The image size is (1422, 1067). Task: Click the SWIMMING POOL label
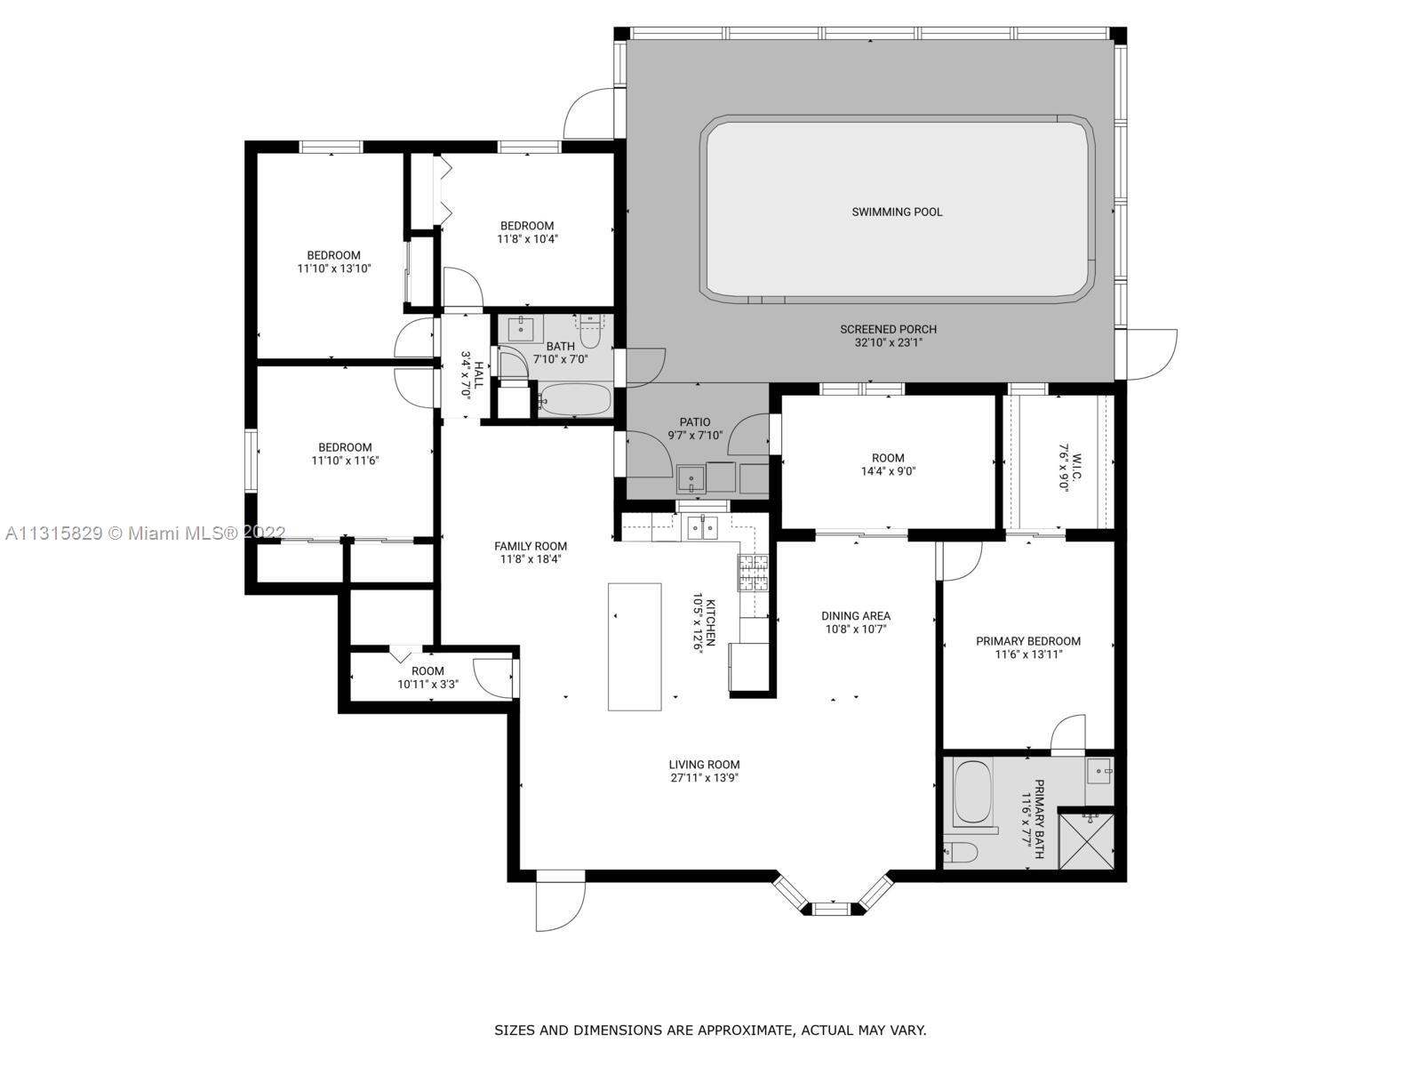tap(897, 212)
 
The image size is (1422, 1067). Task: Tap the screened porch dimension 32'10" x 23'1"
tap(888, 342)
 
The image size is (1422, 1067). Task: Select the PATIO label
tap(694, 422)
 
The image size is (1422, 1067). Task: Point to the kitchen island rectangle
tap(635, 646)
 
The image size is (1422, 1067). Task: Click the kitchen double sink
tap(703, 528)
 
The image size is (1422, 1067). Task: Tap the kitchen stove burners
tap(753, 573)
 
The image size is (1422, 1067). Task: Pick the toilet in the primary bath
tap(960, 852)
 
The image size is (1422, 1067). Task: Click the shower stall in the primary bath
tap(1086, 841)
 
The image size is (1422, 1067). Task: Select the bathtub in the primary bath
tap(973, 791)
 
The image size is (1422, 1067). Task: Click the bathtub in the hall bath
tap(575, 399)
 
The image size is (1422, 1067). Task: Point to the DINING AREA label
tap(856, 616)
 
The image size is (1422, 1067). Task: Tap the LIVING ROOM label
tap(704, 765)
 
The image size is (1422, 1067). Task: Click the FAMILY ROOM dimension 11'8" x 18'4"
tap(531, 559)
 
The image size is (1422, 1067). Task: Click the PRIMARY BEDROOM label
tap(1028, 641)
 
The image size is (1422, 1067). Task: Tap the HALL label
tap(479, 374)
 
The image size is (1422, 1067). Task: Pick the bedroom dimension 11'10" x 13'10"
tap(333, 269)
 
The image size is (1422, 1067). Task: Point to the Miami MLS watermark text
tap(145, 533)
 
